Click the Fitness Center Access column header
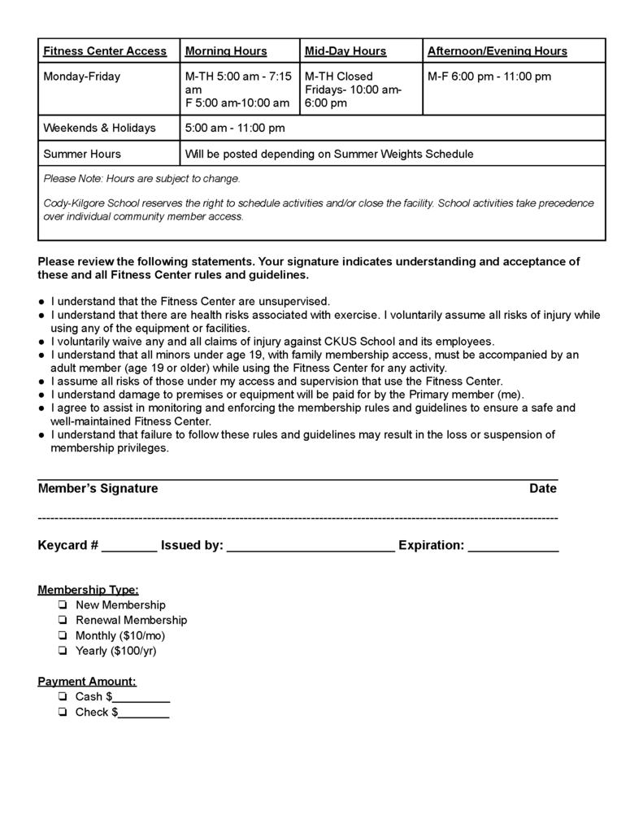(105, 51)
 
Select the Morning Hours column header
(226, 51)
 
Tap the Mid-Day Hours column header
(345, 51)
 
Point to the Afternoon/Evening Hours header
(497, 51)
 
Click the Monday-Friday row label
(81, 76)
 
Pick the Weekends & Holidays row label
(98, 128)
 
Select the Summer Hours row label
(82, 154)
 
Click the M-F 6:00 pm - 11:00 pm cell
(489, 76)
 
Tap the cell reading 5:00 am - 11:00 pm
(235, 128)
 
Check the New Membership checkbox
(63, 605)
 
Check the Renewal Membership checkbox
(63, 621)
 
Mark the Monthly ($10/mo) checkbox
(63, 635)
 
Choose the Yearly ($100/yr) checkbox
(63, 651)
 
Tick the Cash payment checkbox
(63, 697)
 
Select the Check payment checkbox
(63, 713)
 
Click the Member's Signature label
(98, 489)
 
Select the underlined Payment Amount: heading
(87, 682)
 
